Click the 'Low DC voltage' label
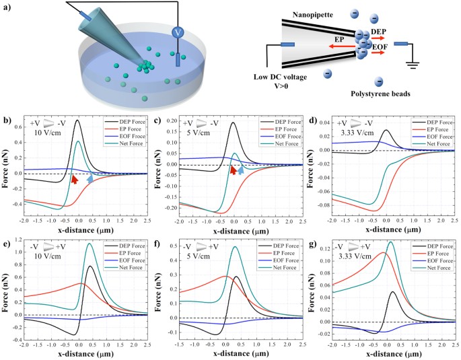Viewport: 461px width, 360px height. pos(284,79)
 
